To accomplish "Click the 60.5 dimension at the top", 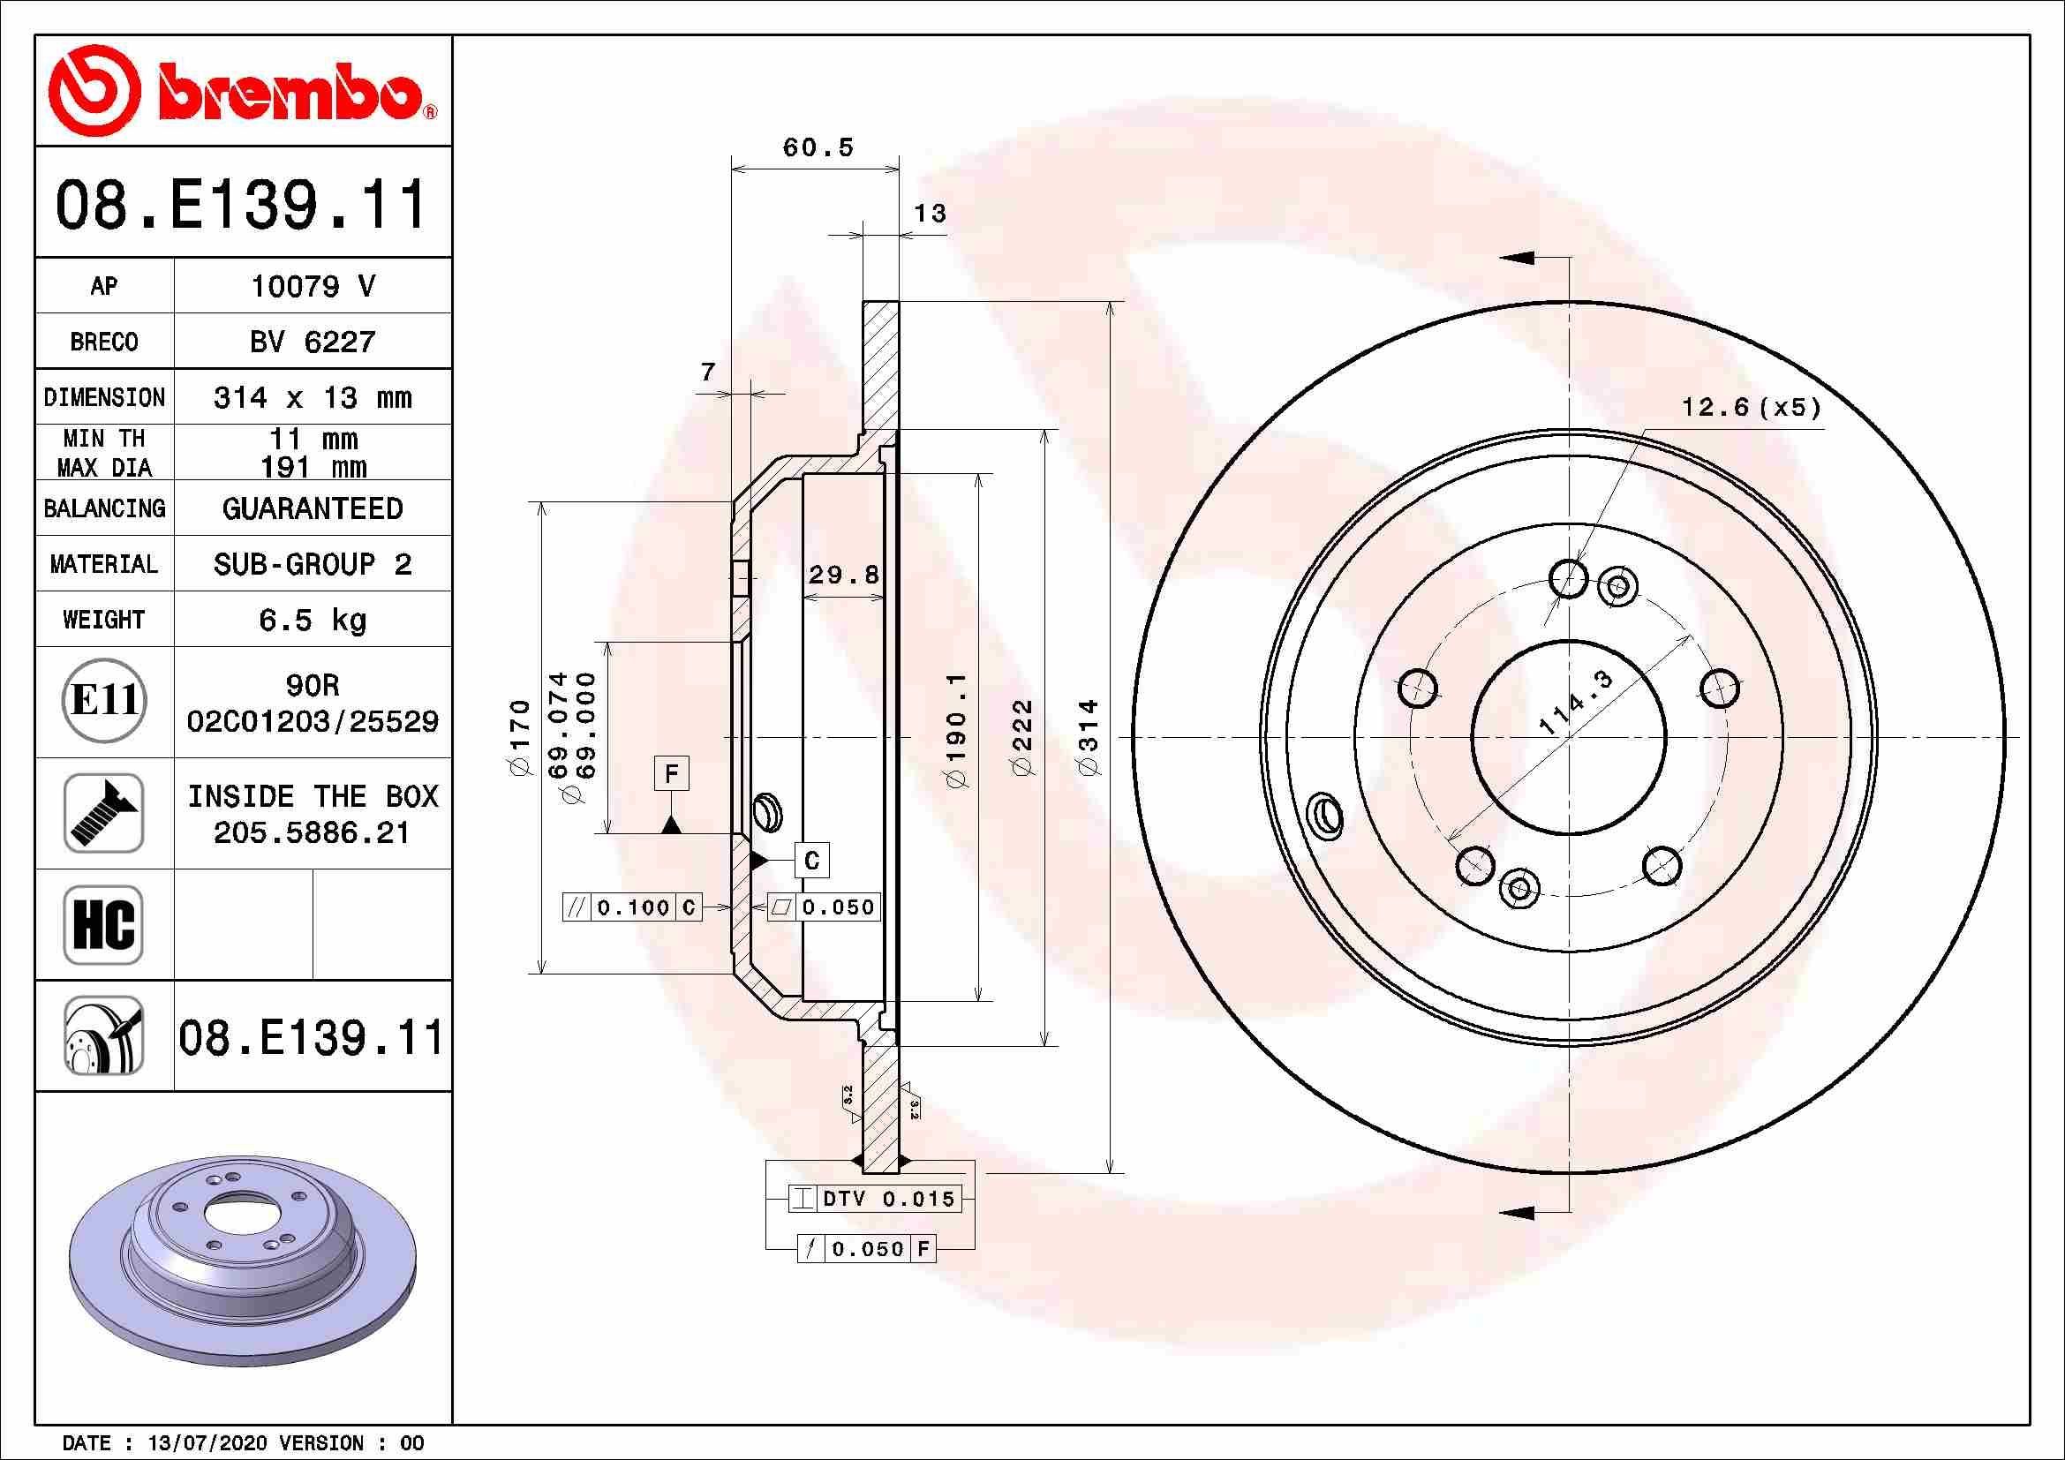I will point(818,147).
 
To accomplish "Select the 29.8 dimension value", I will point(843,575).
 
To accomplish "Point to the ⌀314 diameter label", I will point(1089,736).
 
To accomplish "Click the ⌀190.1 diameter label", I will point(956,730).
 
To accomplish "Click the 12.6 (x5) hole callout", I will point(1751,408).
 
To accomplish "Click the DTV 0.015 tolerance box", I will point(875,1199).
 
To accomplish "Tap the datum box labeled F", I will point(671,773).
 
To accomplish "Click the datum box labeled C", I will point(811,861).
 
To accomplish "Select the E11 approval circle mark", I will point(104,701).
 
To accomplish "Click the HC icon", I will point(103,924).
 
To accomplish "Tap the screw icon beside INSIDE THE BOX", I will point(103,813).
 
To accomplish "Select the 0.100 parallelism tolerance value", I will point(633,907).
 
